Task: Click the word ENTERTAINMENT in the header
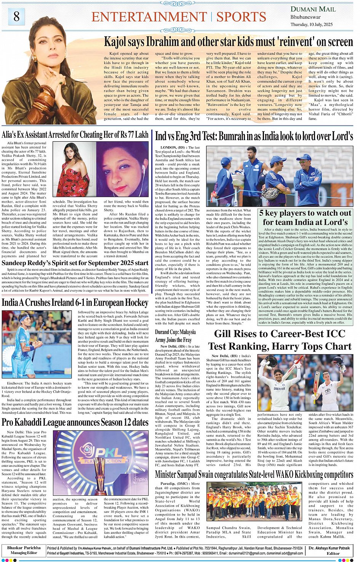(149, 17)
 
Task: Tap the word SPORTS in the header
(241, 17)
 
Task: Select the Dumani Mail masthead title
(313, 9)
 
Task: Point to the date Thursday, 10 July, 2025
(311, 24)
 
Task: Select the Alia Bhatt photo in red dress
(74, 169)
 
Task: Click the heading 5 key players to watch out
(305, 217)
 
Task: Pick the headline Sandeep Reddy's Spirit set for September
(75, 263)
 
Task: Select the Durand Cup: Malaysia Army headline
(175, 336)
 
